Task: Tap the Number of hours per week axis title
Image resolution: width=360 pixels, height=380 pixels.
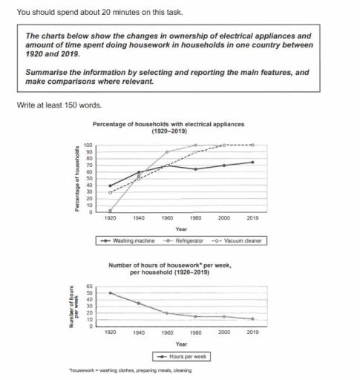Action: pyautogui.click(x=73, y=306)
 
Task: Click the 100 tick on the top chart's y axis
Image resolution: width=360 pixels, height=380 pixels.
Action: pyautogui.click(x=88, y=145)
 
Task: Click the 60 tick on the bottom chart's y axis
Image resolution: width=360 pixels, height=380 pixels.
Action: pyautogui.click(x=91, y=286)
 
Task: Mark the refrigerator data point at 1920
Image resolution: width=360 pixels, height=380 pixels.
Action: pyautogui.click(x=110, y=212)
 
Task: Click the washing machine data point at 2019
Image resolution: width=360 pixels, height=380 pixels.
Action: pyautogui.click(x=253, y=162)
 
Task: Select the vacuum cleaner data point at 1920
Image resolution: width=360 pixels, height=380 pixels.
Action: pyautogui.click(x=110, y=192)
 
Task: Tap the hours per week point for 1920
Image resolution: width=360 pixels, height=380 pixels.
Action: pyautogui.click(x=110, y=292)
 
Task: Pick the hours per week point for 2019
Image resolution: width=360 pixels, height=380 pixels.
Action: pyautogui.click(x=253, y=319)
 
